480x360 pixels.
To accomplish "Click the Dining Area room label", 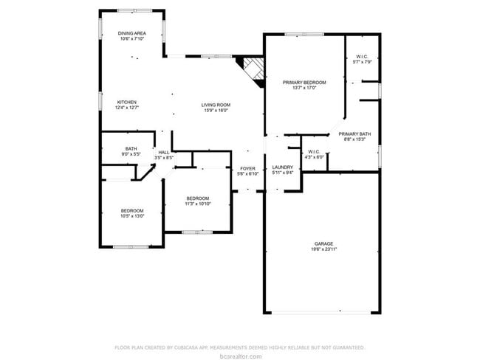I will coord(132,33).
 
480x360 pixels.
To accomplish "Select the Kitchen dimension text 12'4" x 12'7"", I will coord(127,108).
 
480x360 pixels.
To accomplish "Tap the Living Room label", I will coord(216,105).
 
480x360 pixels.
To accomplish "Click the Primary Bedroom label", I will coord(305,82).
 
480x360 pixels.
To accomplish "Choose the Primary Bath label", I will coord(354,134).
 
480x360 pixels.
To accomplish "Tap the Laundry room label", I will coord(283,167).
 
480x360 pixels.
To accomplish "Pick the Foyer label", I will coord(247,169).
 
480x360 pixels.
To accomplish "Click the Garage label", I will coord(323,243).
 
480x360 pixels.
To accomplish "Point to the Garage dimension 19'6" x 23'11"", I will coord(323,249).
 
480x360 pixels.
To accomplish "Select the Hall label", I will coord(163,152).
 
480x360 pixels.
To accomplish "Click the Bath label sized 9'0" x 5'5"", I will coord(131,148).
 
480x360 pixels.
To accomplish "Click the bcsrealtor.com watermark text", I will coord(240,355).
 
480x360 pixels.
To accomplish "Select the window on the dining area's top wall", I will coord(132,10).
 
